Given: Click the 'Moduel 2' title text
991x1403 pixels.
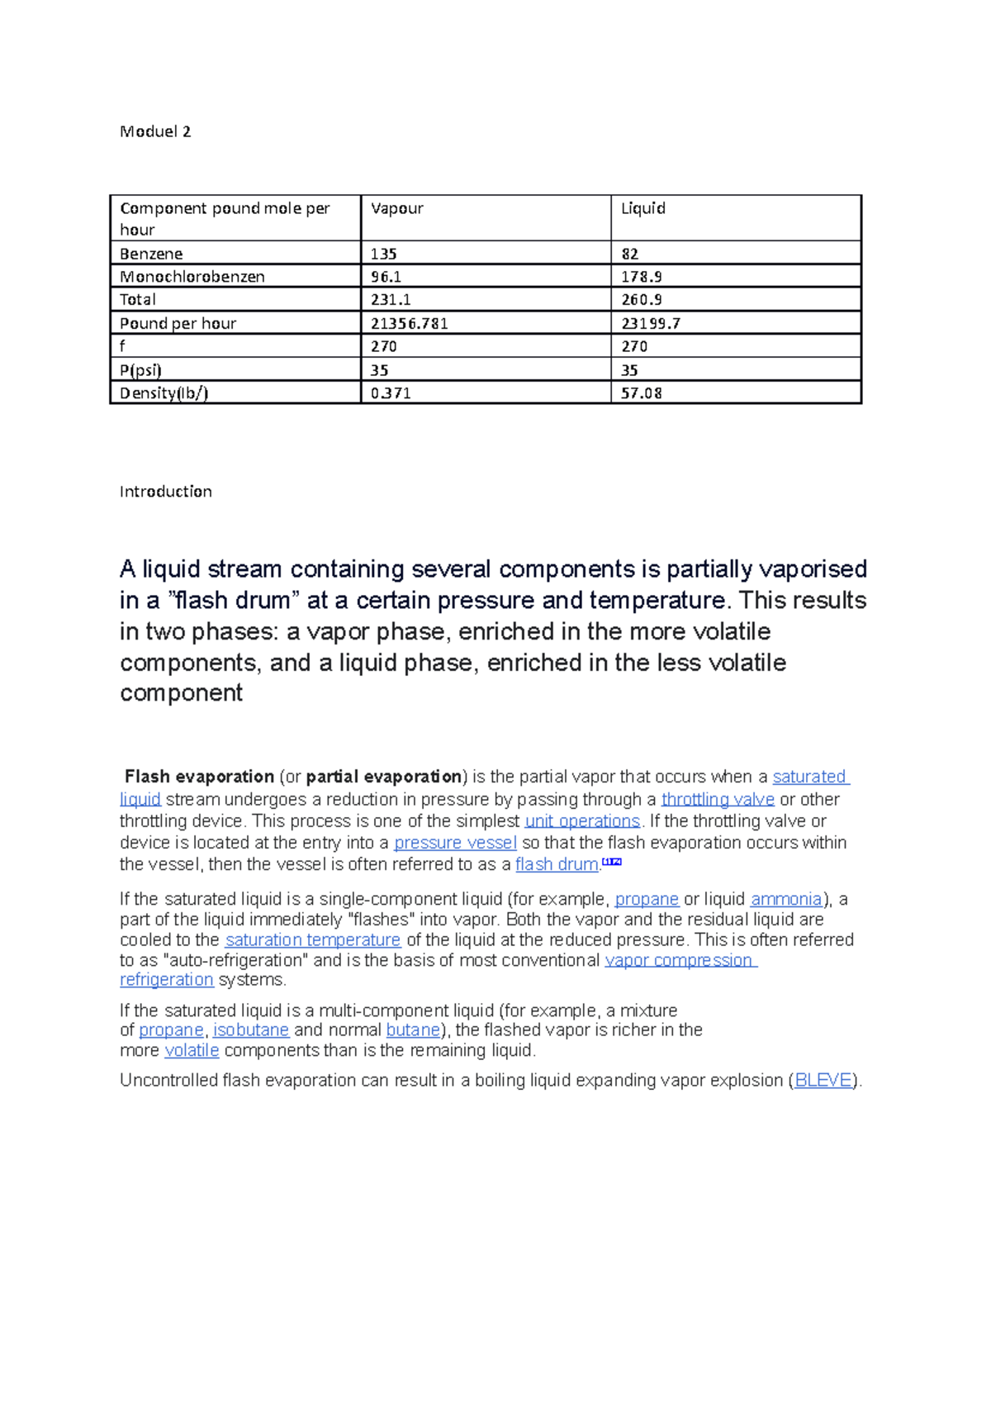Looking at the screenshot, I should pyautogui.click(x=155, y=131).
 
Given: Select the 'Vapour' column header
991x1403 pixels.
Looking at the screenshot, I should pyautogui.click(x=396, y=208).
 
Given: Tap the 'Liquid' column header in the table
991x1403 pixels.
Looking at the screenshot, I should pyautogui.click(x=642, y=208).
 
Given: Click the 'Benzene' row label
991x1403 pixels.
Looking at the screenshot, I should pyautogui.click(x=151, y=254).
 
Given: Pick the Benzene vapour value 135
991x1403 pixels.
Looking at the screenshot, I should pyautogui.click(x=384, y=254).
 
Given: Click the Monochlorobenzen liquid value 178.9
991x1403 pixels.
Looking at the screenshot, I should pyautogui.click(x=642, y=277).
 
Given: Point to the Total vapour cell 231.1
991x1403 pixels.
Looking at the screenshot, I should pyautogui.click(x=391, y=300).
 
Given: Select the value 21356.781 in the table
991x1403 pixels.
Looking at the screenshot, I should pyautogui.click(x=409, y=323).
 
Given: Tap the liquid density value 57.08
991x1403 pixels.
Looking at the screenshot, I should pyautogui.click(x=642, y=393).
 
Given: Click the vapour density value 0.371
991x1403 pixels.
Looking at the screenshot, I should pyautogui.click(x=391, y=393).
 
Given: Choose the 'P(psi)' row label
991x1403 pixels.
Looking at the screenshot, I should pyautogui.click(x=140, y=370).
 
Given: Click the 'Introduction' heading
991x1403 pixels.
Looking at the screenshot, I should pyautogui.click(x=165, y=492).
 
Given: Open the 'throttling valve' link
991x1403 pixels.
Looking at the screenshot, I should pyautogui.click(x=718, y=799).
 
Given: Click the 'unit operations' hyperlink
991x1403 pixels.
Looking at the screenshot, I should pyautogui.click(x=582, y=820).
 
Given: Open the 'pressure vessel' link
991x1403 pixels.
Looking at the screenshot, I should pyautogui.click(x=455, y=843).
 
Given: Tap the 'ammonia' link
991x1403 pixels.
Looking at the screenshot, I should pyautogui.click(x=786, y=899).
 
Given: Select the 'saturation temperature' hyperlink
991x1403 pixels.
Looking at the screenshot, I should pyautogui.click(x=312, y=939).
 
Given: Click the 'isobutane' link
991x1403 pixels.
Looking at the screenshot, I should pyautogui.click(x=251, y=1030).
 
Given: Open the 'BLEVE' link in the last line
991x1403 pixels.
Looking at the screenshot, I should pyautogui.click(x=823, y=1080).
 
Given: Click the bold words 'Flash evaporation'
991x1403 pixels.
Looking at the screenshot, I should pyautogui.click(x=199, y=777).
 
